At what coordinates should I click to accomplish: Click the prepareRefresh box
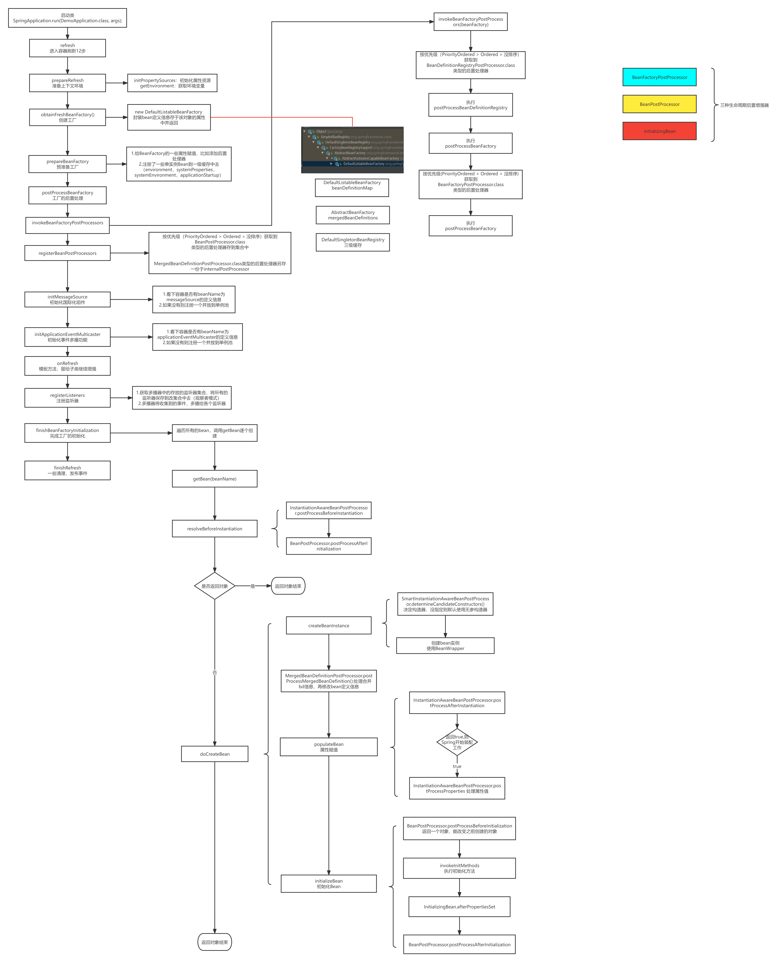pyautogui.click(x=68, y=83)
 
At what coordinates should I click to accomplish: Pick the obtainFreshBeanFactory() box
pyautogui.click(x=68, y=117)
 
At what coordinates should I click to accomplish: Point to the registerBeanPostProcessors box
pyautogui.click(x=68, y=253)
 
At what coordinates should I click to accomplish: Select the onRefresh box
pyautogui.click(x=68, y=366)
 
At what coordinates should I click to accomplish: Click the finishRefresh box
pyautogui.click(x=68, y=470)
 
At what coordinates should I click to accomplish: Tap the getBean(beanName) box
pyautogui.click(x=215, y=478)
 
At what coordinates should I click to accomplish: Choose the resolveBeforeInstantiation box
pyautogui.click(x=215, y=529)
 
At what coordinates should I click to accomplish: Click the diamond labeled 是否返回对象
pyautogui.click(x=215, y=586)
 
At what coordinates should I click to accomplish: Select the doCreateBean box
pyautogui.click(x=215, y=754)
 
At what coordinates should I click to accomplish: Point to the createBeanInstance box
pyautogui.click(x=329, y=626)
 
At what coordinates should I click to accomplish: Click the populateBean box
pyautogui.click(x=329, y=747)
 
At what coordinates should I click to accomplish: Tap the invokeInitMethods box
pyautogui.click(x=459, y=868)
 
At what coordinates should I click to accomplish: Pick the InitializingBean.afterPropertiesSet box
pyautogui.click(x=459, y=907)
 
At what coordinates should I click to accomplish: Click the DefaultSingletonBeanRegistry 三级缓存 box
pyautogui.click(x=353, y=242)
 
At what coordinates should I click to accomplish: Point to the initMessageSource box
pyautogui.click(x=68, y=299)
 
